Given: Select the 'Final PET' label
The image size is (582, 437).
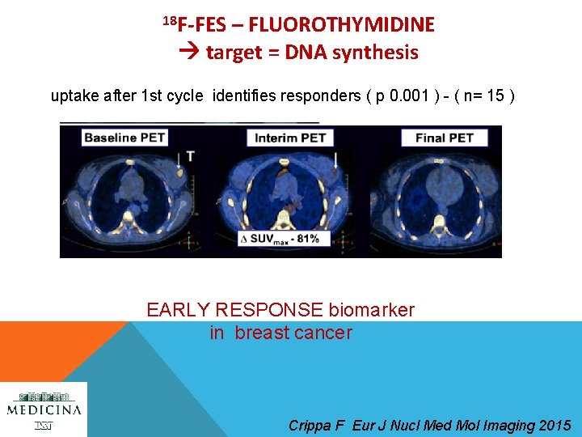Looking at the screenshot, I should (444, 138).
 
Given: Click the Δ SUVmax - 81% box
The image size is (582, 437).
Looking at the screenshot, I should (279, 238).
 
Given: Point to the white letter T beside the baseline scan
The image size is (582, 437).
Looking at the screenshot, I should (191, 156).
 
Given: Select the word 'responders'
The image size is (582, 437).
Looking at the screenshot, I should (315, 97).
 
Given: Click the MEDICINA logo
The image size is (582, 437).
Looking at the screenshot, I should (44, 409).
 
